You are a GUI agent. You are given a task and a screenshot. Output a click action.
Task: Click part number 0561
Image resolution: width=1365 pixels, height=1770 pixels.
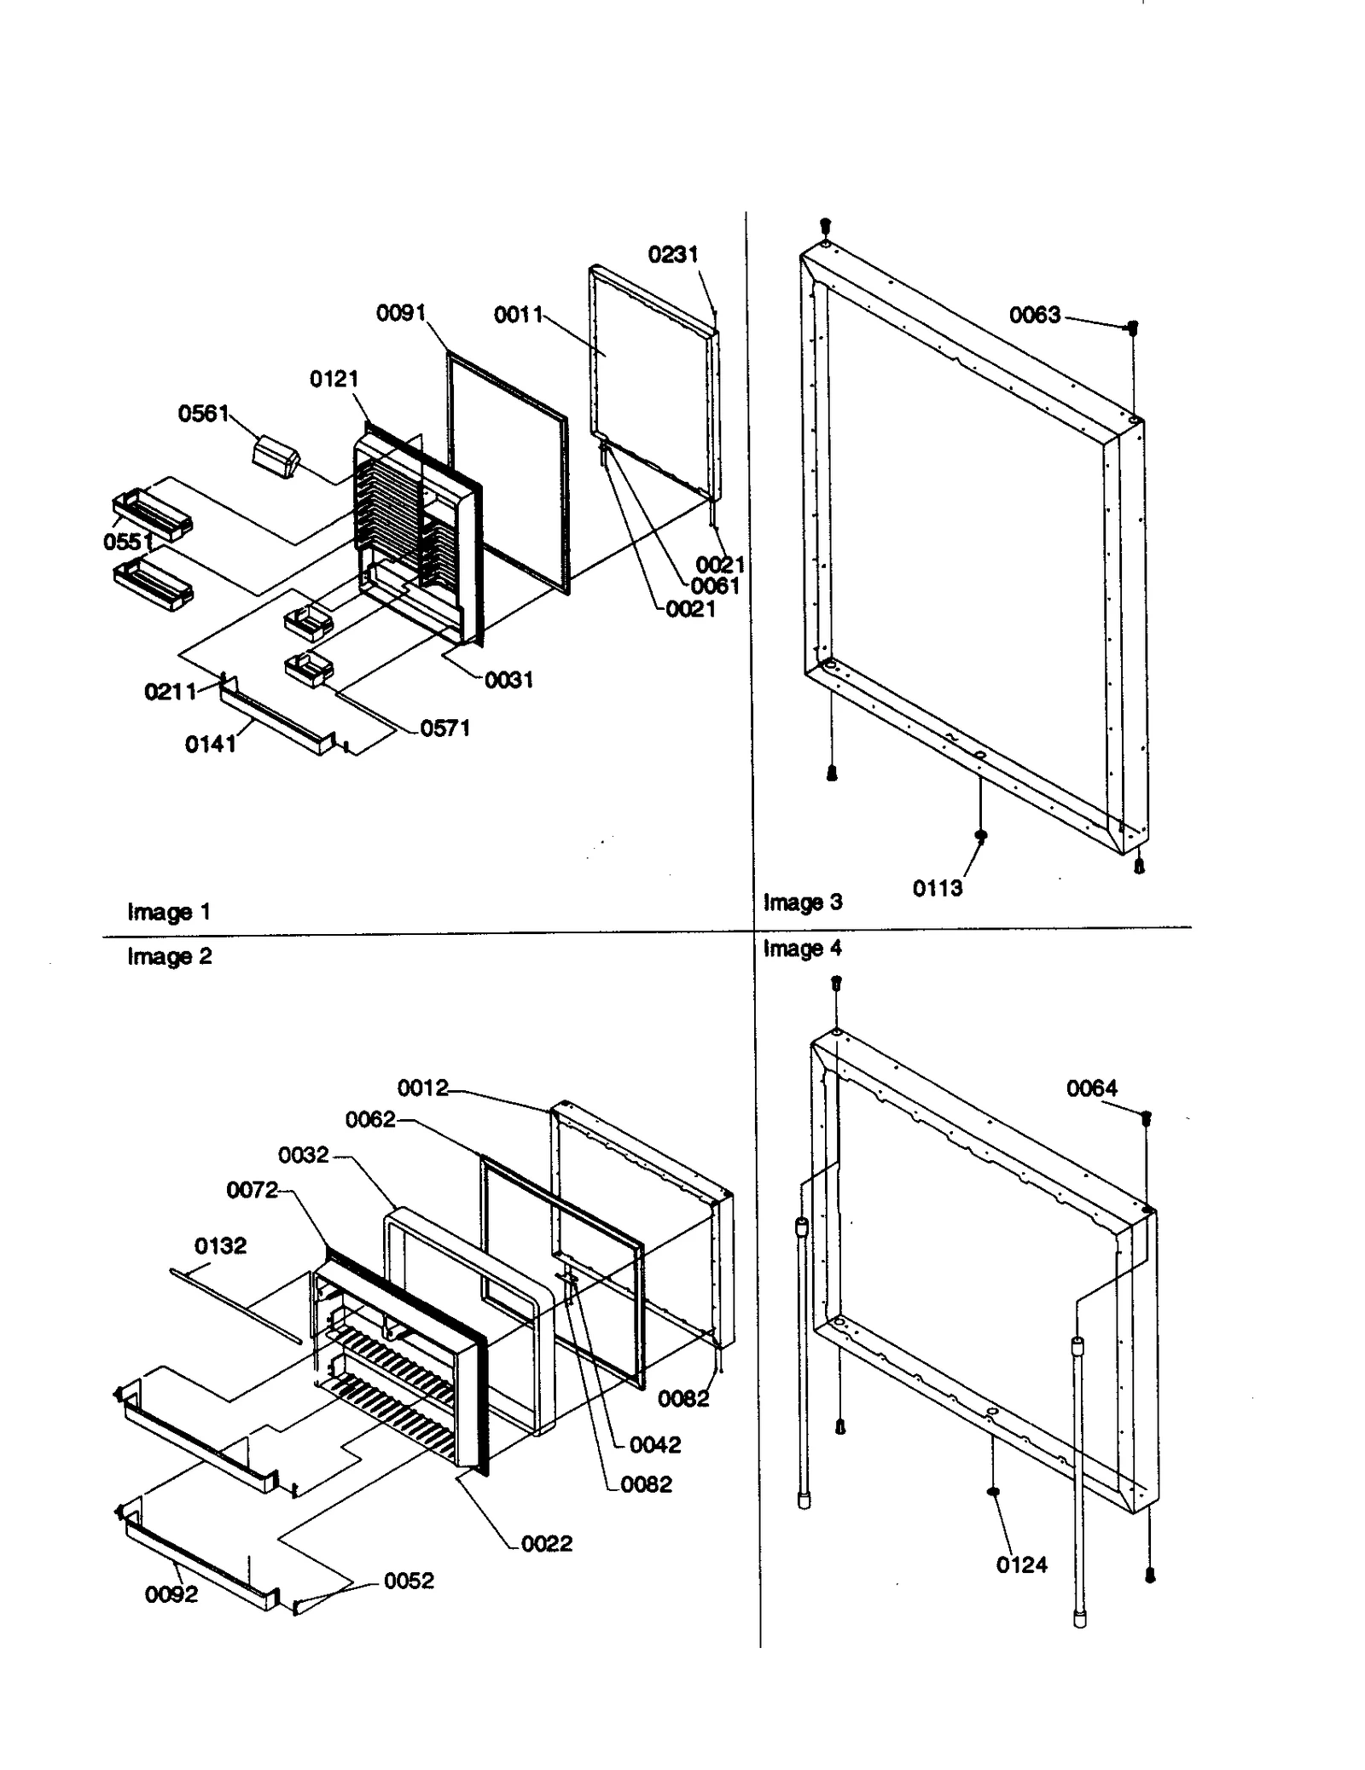click(x=203, y=414)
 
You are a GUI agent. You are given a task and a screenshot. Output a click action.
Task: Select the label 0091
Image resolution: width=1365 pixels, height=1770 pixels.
click(x=401, y=313)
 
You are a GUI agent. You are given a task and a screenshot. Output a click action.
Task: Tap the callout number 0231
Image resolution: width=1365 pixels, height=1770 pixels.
click(x=673, y=254)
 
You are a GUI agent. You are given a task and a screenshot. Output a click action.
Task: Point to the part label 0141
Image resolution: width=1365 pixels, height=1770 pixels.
click(x=210, y=744)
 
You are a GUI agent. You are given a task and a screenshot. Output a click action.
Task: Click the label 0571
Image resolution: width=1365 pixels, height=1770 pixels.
click(x=445, y=728)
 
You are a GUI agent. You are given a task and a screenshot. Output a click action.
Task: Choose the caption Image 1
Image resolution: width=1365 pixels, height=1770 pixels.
click(x=168, y=912)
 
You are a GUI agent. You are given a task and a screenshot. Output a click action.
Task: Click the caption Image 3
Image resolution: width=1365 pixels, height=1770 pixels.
click(x=802, y=902)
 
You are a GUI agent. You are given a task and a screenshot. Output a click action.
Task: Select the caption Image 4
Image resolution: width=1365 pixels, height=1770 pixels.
click(x=802, y=948)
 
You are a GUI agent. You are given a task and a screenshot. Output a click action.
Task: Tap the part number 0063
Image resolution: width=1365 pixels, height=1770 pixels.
click(x=1035, y=315)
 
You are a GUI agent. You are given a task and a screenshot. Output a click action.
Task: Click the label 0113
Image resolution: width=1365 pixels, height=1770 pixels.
click(x=938, y=888)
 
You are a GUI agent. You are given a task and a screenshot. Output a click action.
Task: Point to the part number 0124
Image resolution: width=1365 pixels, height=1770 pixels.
click(x=1021, y=1564)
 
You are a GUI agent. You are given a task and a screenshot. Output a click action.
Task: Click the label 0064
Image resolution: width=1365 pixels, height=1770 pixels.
click(x=1091, y=1088)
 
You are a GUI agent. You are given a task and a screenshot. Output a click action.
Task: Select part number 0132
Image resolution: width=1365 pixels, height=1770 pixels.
click(x=220, y=1245)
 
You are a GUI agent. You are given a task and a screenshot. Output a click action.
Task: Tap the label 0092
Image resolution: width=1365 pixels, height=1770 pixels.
click(x=171, y=1594)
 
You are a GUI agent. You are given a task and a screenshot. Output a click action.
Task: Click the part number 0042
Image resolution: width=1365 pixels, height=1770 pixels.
click(x=655, y=1444)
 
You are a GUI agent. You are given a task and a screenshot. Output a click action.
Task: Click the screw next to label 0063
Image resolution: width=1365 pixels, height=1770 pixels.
click(x=1133, y=328)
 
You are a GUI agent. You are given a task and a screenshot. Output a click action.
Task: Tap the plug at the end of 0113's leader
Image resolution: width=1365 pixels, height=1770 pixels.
click(x=980, y=835)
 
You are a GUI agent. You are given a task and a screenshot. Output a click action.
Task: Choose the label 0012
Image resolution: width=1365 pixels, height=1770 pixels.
click(x=423, y=1088)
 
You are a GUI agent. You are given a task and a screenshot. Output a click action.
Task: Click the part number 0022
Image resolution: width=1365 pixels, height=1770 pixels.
click(x=547, y=1543)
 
